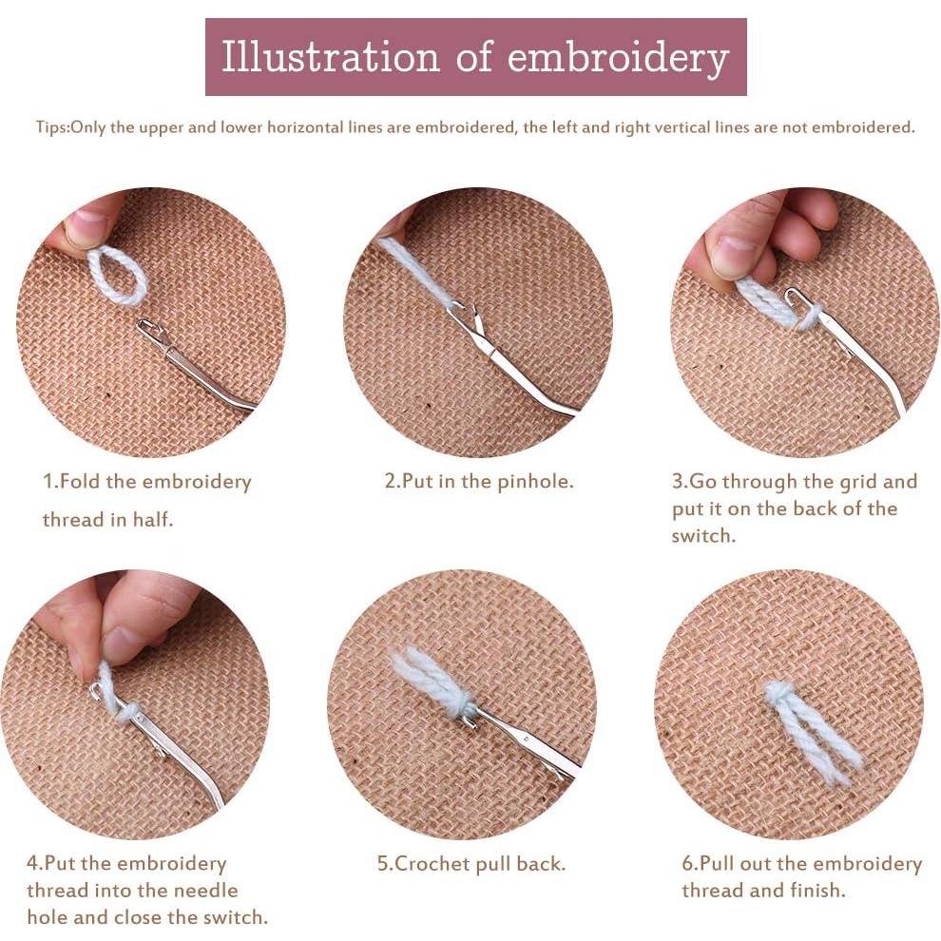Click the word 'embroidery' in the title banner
(618, 58)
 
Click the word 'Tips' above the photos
(51, 127)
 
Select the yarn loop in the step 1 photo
(117, 277)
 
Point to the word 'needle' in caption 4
(208, 890)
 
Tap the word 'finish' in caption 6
(816, 890)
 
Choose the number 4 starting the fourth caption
(31, 864)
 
